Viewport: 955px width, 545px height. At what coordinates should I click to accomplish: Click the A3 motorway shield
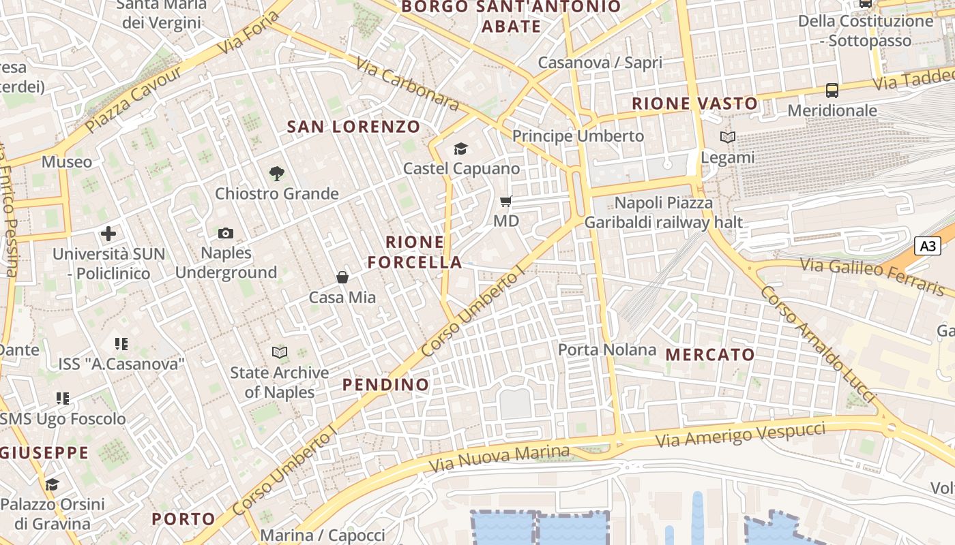(x=928, y=246)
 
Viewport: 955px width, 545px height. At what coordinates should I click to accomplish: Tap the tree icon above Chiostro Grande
(x=276, y=174)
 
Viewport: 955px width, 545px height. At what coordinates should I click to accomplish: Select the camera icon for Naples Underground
(x=226, y=234)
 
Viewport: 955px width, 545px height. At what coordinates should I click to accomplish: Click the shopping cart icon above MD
(x=506, y=201)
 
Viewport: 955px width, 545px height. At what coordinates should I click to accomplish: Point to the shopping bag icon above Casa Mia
(x=342, y=277)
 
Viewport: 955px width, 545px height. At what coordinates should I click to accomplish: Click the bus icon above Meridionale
(x=832, y=90)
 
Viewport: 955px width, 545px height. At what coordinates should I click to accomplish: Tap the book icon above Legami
(x=728, y=138)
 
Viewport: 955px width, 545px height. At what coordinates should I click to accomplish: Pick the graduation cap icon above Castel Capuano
(x=461, y=149)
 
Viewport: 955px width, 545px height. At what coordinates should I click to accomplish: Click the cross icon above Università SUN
(x=108, y=234)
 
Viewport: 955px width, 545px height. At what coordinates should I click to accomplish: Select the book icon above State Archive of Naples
(x=280, y=352)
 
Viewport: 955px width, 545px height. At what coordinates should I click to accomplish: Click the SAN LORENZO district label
(x=353, y=127)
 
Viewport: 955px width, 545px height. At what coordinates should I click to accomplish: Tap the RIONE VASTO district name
(x=694, y=104)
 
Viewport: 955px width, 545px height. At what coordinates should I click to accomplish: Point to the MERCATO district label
(x=710, y=354)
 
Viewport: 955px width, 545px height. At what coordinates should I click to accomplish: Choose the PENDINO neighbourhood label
(x=385, y=384)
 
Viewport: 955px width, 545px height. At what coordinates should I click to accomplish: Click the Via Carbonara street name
(x=407, y=84)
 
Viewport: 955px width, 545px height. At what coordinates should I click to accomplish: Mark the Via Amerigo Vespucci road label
(x=740, y=435)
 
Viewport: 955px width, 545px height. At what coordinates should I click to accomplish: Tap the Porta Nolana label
(x=607, y=350)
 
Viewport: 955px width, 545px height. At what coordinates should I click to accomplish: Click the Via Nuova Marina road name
(x=499, y=461)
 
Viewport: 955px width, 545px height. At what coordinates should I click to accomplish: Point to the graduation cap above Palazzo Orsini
(x=52, y=484)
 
